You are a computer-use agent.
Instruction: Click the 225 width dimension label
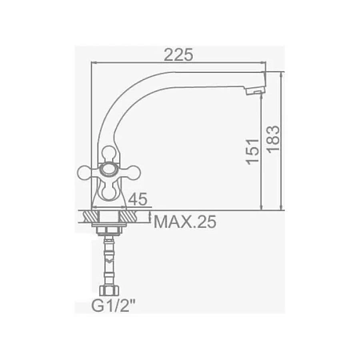click(x=178, y=55)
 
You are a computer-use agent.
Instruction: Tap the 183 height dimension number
click(x=274, y=139)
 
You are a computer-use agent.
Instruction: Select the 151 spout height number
click(x=253, y=151)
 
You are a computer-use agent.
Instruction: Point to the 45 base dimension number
click(x=138, y=199)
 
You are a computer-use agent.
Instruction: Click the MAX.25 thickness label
click(x=185, y=222)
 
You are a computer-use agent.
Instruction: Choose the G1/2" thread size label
click(x=114, y=306)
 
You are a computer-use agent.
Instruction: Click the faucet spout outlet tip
click(x=255, y=91)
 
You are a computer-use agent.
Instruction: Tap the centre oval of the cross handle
click(x=108, y=170)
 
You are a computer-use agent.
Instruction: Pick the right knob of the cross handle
click(x=132, y=172)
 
